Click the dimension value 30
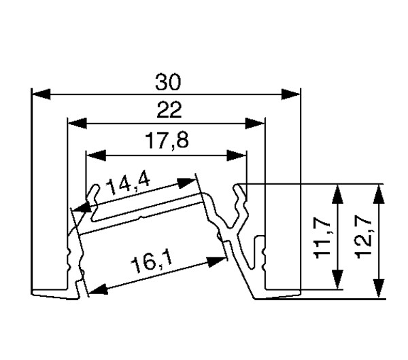click(166, 82)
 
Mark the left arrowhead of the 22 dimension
click(76, 123)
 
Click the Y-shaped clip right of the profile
click(238, 211)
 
